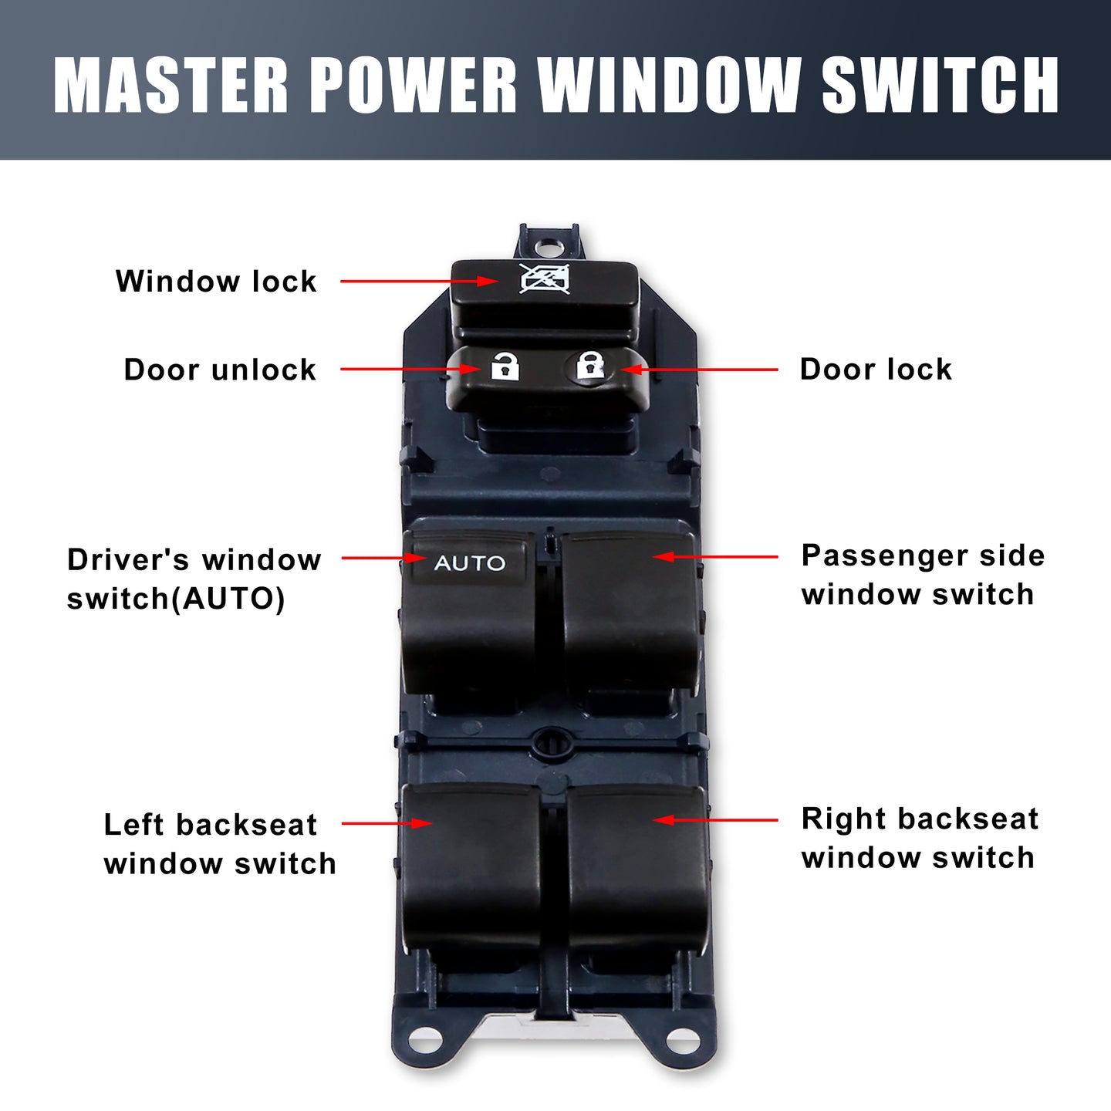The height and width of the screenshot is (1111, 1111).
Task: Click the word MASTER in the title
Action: (171, 85)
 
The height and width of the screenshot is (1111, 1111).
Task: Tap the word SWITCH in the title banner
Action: (940, 85)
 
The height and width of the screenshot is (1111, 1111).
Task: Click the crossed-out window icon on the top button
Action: (544, 279)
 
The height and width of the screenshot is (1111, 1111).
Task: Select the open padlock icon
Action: (505, 366)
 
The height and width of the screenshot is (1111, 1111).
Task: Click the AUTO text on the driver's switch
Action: (469, 562)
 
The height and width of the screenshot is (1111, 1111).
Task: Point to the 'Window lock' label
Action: (216, 282)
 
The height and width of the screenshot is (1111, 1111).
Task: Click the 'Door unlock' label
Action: (220, 370)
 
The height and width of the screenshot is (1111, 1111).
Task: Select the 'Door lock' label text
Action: (876, 369)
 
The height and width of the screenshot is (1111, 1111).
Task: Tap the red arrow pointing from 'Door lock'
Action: (699, 369)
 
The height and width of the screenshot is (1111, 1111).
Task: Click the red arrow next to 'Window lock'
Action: (419, 282)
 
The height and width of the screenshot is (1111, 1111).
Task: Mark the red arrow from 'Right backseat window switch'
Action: (715, 820)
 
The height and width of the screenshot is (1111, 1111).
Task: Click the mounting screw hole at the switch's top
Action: (545, 248)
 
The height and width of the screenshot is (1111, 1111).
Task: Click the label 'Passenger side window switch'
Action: (923, 575)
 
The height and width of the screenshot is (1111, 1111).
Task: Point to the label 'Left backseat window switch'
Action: (220, 844)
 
